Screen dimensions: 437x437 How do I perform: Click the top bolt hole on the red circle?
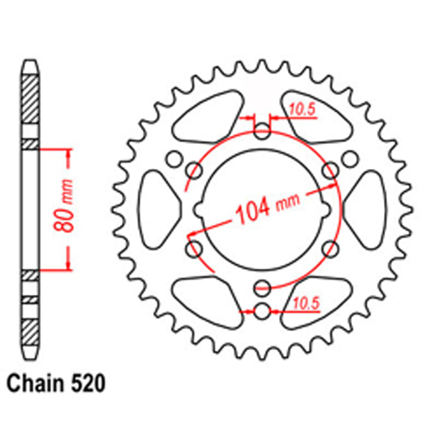[262, 132]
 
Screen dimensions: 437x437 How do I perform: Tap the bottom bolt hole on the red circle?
[262, 287]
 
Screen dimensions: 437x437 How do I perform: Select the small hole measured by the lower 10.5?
[262, 311]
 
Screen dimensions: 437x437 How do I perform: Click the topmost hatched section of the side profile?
[30, 100]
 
